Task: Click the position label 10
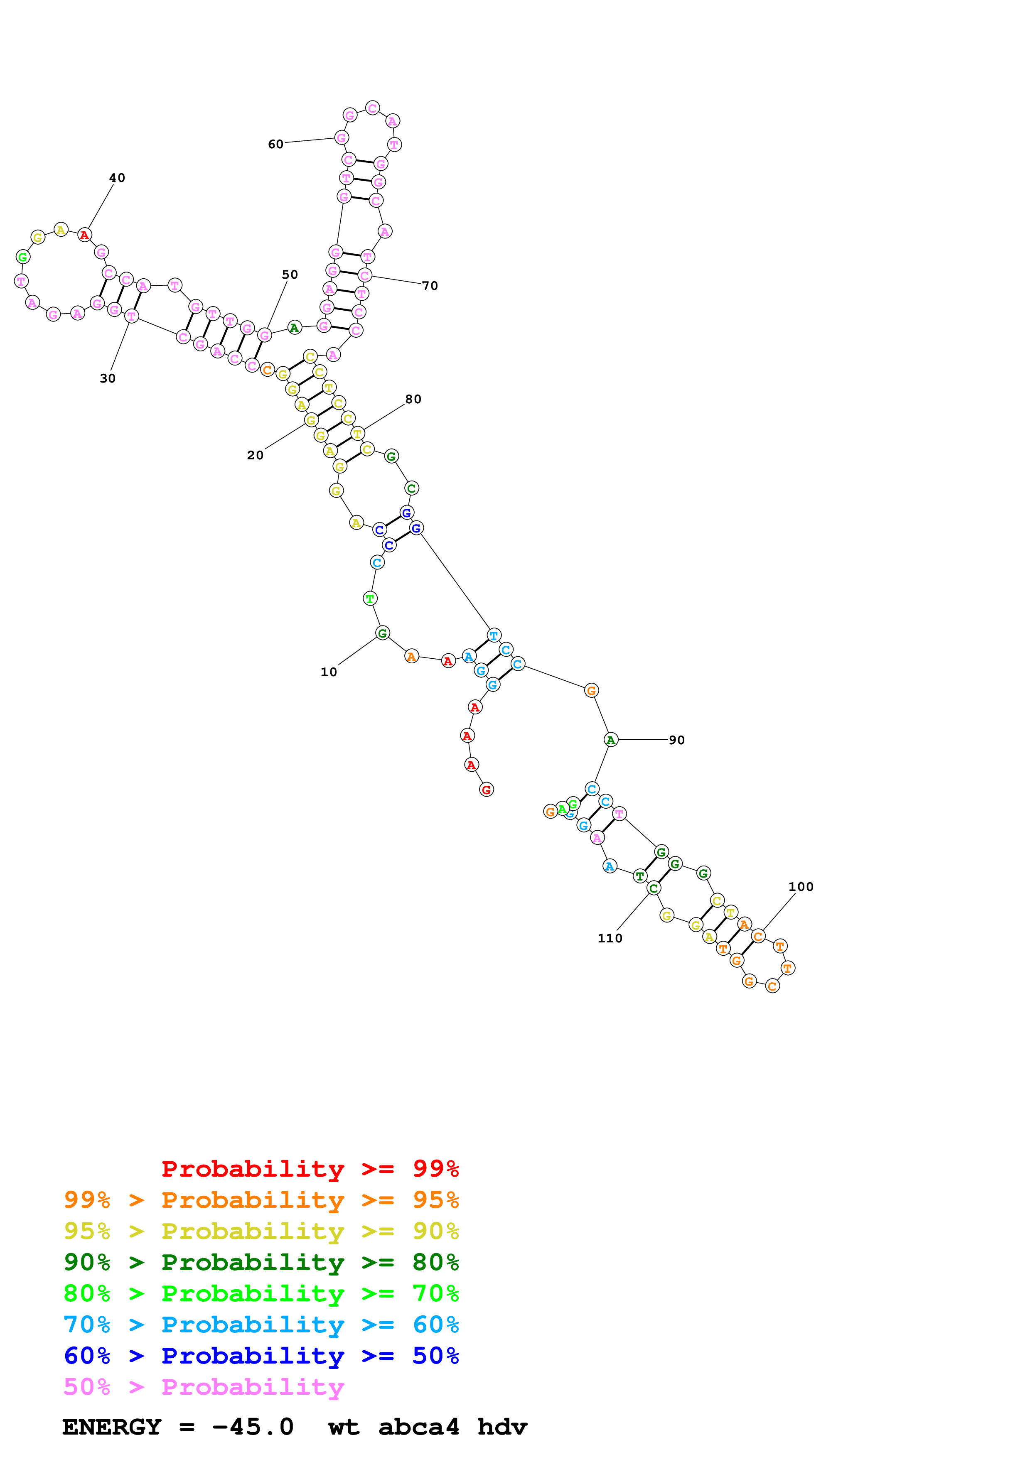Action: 328,672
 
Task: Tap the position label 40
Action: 118,178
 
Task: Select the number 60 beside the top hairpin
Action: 275,144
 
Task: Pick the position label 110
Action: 610,938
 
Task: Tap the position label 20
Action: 255,455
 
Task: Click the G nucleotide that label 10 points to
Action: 382,633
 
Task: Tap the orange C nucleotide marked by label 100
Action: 758,936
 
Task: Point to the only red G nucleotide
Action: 486,790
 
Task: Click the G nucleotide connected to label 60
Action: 342,138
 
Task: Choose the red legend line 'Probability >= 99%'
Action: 310,1169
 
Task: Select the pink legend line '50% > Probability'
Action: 204,1386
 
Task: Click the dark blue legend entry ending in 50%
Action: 261,1356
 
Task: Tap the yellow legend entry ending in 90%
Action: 261,1231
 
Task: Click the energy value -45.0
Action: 253,1427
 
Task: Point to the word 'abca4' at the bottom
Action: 418,1427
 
